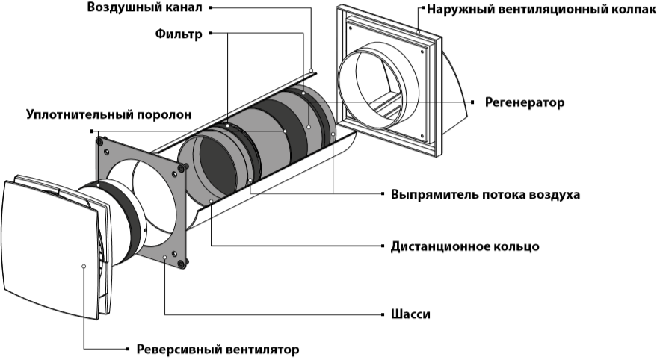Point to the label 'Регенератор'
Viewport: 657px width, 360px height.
pos(524,102)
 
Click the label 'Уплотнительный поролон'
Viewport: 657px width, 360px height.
pos(109,115)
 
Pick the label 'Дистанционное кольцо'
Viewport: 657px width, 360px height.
pos(464,246)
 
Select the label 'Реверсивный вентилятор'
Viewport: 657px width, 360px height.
pos(217,349)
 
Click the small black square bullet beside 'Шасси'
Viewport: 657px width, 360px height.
pos(378,314)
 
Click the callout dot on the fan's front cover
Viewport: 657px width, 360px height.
pos(84,266)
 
